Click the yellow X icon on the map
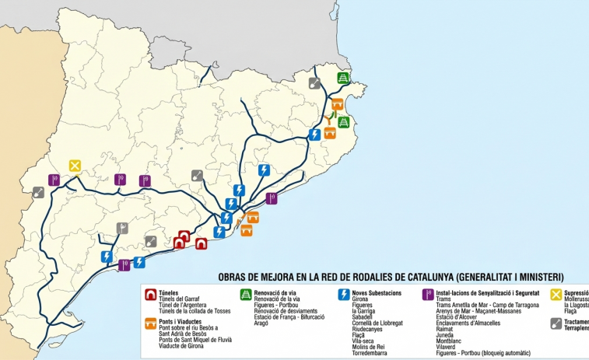coord(75,165)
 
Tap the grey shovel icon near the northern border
coord(314,83)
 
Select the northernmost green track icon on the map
coord(343,78)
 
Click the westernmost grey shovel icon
coord(38,192)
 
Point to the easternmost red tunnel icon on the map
coord(201,243)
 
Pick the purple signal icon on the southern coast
coord(124,264)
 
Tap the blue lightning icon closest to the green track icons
coord(314,134)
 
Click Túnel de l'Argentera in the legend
coord(182,305)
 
